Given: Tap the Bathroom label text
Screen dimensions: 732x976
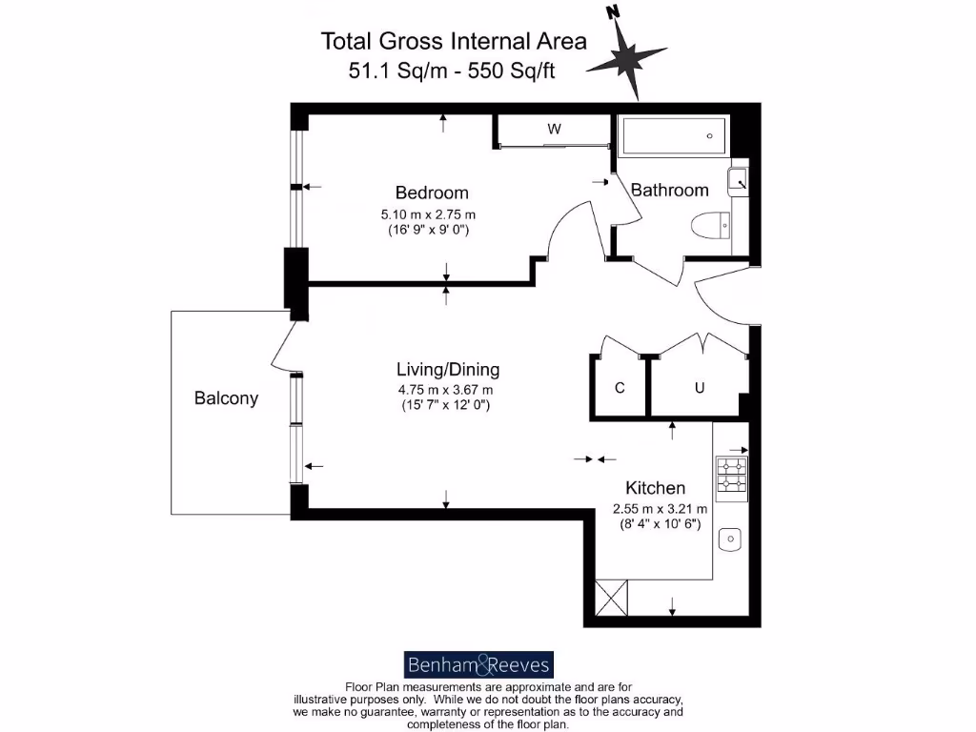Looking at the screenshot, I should [669, 190].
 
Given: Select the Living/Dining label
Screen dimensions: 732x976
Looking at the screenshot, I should [447, 370].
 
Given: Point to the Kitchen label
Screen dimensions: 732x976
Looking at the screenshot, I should [655, 487].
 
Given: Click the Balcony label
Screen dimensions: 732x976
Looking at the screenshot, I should [226, 398].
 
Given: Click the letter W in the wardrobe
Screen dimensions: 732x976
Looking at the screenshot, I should [554, 129].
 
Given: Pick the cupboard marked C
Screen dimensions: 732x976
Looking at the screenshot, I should [620, 388].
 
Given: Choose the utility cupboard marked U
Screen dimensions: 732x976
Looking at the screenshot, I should [699, 388].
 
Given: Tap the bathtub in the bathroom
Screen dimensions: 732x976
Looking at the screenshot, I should [674, 137].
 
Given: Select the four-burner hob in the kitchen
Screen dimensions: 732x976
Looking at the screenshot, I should [731, 475].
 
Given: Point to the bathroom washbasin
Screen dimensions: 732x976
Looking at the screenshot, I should [739, 178].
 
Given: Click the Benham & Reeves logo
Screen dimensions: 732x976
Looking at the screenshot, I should [478, 664].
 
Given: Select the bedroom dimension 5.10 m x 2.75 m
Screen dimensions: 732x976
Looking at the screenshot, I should [427, 214].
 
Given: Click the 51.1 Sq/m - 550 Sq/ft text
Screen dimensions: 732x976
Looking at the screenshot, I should [452, 70].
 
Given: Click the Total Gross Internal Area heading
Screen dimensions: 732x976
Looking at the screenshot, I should [454, 41].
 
